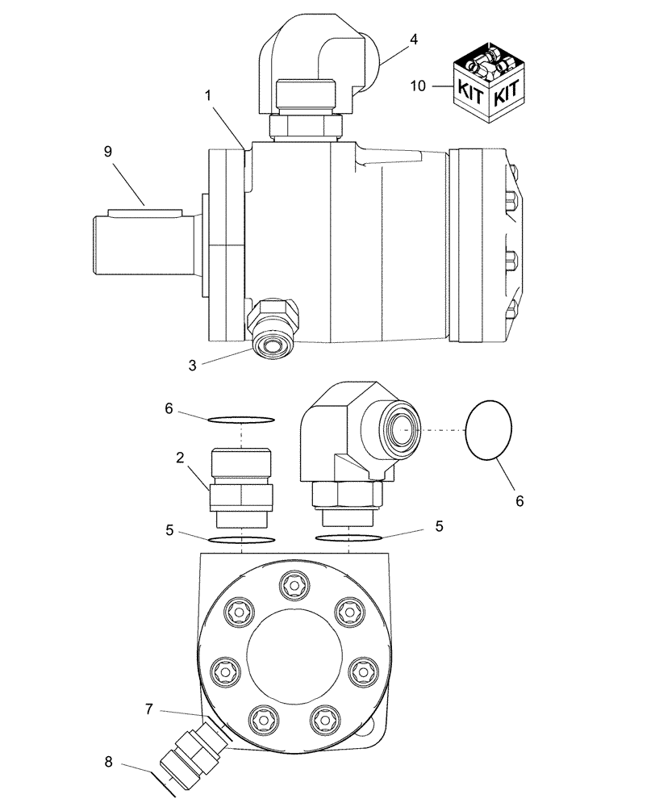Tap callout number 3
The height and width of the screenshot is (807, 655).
(192, 365)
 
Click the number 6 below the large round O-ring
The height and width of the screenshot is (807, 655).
(519, 500)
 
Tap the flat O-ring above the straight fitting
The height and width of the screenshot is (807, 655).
(241, 419)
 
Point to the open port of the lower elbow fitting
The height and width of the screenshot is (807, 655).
(402, 427)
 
